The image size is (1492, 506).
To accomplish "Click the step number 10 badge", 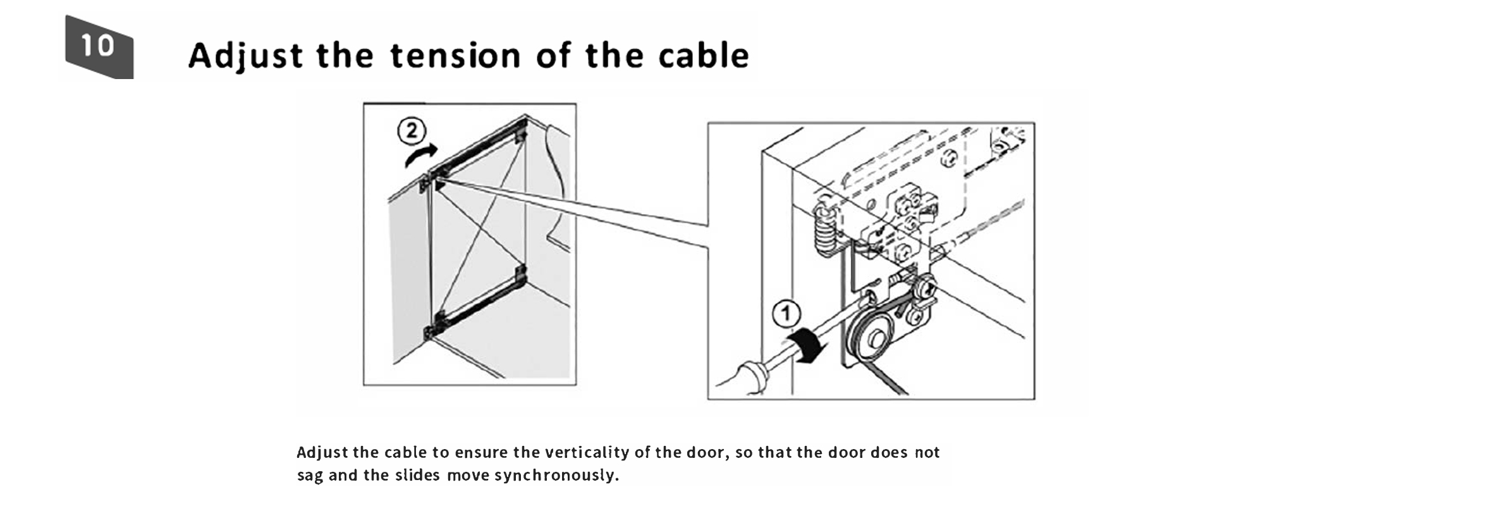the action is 99,47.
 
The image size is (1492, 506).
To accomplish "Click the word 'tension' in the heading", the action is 455,56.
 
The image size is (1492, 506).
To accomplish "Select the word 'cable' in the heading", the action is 703,55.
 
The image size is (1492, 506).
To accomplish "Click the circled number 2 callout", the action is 412,131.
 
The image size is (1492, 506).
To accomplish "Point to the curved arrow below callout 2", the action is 420,154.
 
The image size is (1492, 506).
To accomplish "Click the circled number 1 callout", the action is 786,314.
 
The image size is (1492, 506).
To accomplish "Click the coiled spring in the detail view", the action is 824,231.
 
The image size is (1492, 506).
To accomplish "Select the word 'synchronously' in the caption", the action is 556,476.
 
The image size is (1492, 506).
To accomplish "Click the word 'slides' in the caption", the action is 417,475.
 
